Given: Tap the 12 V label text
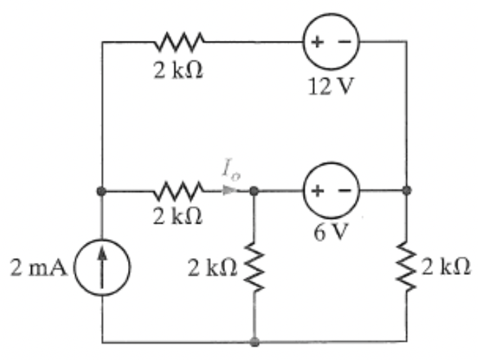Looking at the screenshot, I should click(x=330, y=89).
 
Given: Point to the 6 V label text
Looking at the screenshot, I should click(x=330, y=233).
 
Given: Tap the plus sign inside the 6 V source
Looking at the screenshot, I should click(x=317, y=191).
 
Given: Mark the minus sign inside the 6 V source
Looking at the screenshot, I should click(x=344, y=191).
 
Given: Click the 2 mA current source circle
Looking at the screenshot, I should click(x=102, y=270).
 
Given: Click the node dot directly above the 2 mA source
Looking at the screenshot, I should click(x=102, y=191).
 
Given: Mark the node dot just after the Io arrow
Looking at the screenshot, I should click(x=254, y=191).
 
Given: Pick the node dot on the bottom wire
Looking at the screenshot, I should click(x=254, y=342).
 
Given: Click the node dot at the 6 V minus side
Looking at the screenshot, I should click(x=407, y=191).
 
